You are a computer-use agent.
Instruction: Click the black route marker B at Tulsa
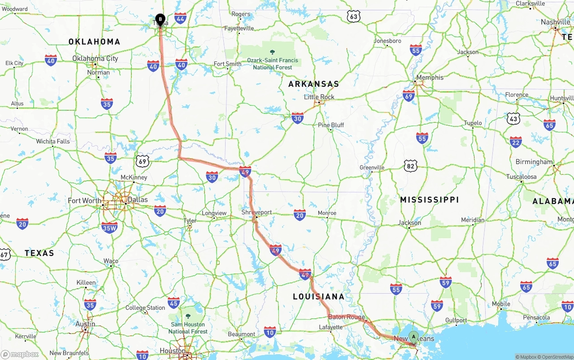[x=160, y=19]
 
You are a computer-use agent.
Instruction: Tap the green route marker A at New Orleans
[x=413, y=336]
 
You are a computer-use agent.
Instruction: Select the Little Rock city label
[x=319, y=97]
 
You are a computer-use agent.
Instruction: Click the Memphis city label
[x=430, y=78]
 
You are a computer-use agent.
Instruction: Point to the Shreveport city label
[x=257, y=212]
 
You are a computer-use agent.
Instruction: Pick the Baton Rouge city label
[x=346, y=317]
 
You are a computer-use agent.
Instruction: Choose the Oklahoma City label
[x=95, y=58]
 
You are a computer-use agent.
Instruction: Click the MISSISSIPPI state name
[x=430, y=200]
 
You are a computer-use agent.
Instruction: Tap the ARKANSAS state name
[x=313, y=84]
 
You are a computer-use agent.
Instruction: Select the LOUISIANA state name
[x=318, y=296]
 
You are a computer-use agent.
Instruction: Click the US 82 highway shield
[x=410, y=166]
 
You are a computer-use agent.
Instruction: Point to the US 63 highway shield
[x=353, y=17]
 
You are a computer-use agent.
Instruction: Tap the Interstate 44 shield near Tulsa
[x=181, y=18]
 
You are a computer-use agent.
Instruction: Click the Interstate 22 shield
[x=516, y=142]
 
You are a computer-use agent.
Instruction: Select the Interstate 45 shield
[x=174, y=303]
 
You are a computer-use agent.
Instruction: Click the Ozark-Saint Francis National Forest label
[x=273, y=63]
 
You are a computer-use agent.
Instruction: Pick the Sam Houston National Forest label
[x=188, y=327]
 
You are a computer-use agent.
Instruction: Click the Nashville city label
[x=555, y=22]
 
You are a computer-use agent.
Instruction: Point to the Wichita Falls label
[x=53, y=141]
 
